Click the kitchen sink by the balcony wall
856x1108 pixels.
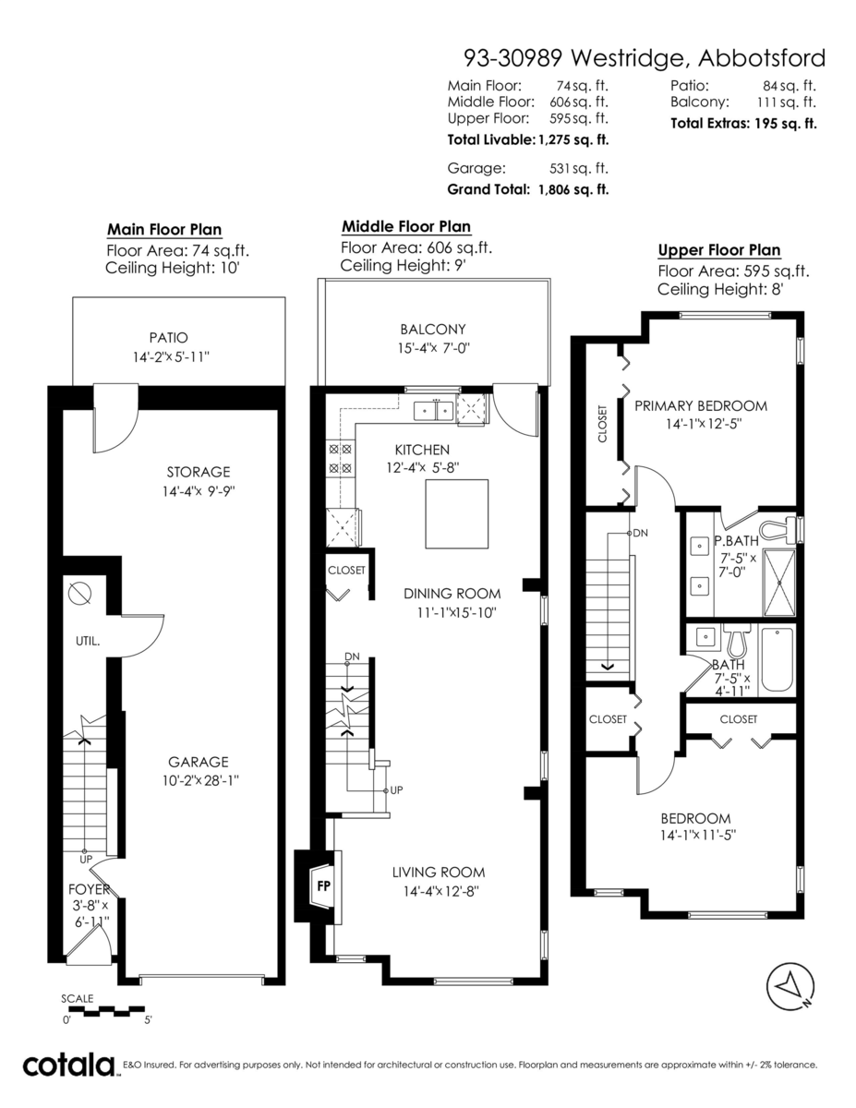point(432,409)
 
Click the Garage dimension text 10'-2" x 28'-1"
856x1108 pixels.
point(198,779)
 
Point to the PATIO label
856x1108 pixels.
point(168,338)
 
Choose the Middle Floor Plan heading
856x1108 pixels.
point(405,226)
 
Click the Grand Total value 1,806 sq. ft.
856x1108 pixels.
point(571,189)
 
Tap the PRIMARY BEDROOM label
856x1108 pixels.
point(701,405)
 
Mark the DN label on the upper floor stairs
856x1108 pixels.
point(640,534)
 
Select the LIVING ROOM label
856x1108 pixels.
point(438,873)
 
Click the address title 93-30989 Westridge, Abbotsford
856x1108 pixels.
point(644,58)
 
